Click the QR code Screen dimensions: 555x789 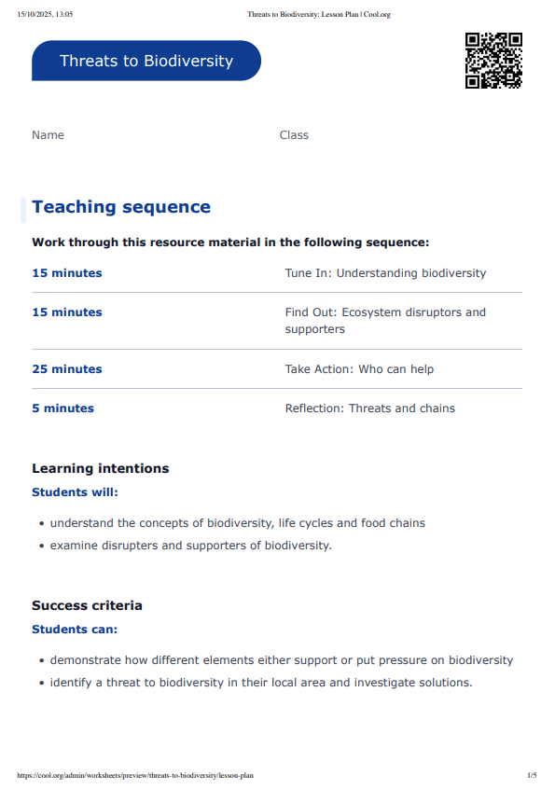pyautogui.click(x=493, y=61)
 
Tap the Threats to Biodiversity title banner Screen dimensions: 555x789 pyautogui.click(x=146, y=61)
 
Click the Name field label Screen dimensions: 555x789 pyautogui.click(x=49, y=135)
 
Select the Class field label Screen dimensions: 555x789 pyautogui.click(x=294, y=135)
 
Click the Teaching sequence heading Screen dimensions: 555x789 pyautogui.click(x=121, y=207)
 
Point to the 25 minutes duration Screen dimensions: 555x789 pyautogui.click(x=67, y=369)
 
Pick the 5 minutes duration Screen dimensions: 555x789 pyautogui.click(x=63, y=408)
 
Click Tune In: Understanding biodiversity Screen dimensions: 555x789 pyautogui.click(x=385, y=273)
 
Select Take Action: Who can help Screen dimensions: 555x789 pyautogui.click(x=359, y=369)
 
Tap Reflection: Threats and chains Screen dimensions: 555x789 pyautogui.click(x=370, y=408)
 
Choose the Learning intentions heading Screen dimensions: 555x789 pyautogui.click(x=101, y=468)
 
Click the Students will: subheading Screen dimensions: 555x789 pyautogui.click(x=76, y=491)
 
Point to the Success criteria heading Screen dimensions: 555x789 pyautogui.click(x=88, y=605)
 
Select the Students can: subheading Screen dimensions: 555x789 pyautogui.click(x=75, y=630)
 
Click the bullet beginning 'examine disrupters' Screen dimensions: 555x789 pyautogui.click(x=190, y=546)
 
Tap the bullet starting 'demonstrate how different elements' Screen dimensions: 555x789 pyautogui.click(x=282, y=660)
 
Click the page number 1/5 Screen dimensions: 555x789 pyautogui.click(x=532, y=775)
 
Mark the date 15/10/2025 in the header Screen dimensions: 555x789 pyautogui.click(x=36, y=15)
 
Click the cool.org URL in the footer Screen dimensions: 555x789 pyautogui.click(x=135, y=775)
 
